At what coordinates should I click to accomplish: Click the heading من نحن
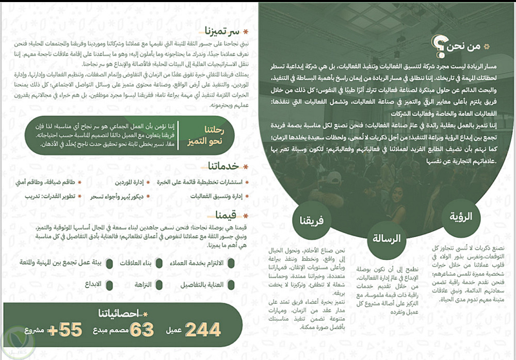click(463, 47)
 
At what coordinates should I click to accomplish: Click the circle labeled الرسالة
click(386, 239)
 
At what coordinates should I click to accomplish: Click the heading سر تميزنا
click(221, 30)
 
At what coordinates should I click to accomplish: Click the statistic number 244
click(203, 329)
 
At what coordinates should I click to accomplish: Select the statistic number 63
click(142, 329)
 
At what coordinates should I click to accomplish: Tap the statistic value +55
click(66, 329)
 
